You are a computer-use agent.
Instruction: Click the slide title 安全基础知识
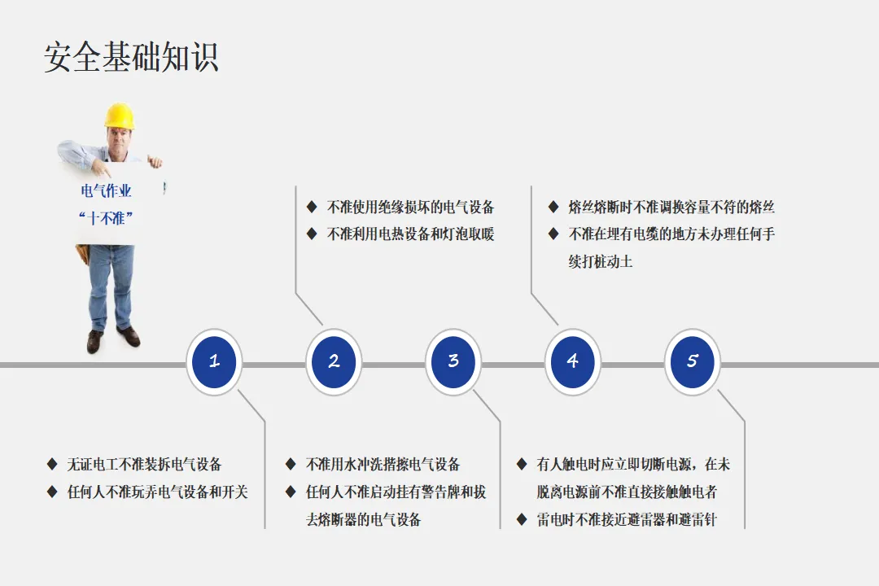tap(131, 58)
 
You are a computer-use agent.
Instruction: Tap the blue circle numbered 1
tap(214, 361)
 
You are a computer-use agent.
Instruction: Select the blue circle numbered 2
tap(334, 361)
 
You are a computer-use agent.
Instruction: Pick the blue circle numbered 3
tap(453, 361)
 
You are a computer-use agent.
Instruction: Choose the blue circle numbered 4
tap(572, 361)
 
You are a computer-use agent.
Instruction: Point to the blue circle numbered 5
tap(692, 361)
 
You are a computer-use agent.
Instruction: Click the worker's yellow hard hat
tap(120, 116)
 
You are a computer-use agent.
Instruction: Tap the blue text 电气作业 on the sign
tap(106, 191)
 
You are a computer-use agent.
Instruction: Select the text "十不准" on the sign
tap(106, 218)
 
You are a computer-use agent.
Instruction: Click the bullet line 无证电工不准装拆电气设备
tap(144, 465)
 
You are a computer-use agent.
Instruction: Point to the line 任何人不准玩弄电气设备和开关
tap(157, 492)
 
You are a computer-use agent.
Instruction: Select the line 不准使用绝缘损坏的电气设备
tap(410, 208)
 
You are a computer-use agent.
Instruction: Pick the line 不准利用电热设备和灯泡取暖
tap(410, 234)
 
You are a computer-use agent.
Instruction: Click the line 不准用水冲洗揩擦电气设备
tap(383, 465)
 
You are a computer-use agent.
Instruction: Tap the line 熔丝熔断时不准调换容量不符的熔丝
tap(671, 208)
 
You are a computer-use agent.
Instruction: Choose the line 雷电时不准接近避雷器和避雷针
tap(627, 519)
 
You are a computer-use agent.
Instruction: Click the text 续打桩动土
tap(601, 262)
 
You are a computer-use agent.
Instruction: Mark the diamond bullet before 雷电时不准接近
tap(522, 519)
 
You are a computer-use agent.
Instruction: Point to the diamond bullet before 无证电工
tap(52, 465)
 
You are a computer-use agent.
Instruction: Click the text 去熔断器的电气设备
tap(363, 519)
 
